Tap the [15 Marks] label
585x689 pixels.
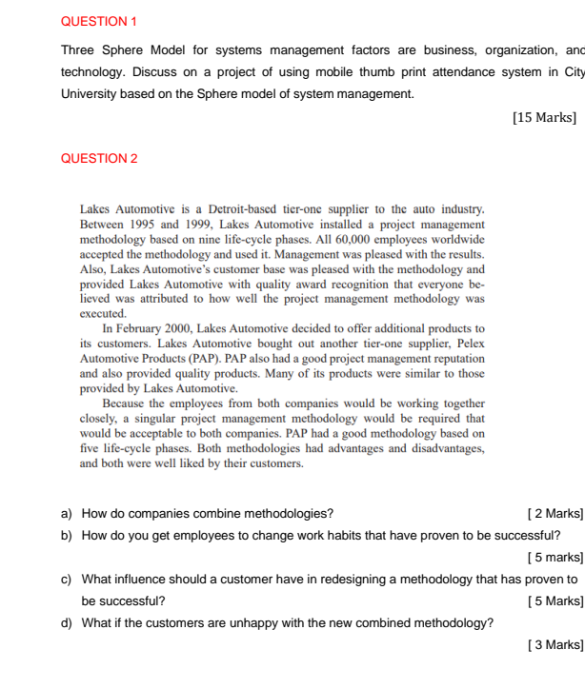[x=544, y=118]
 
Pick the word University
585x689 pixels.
[x=90, y=95]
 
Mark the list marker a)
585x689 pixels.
[x=67, y=514]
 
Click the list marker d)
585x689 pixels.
[x=67, y=623]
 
